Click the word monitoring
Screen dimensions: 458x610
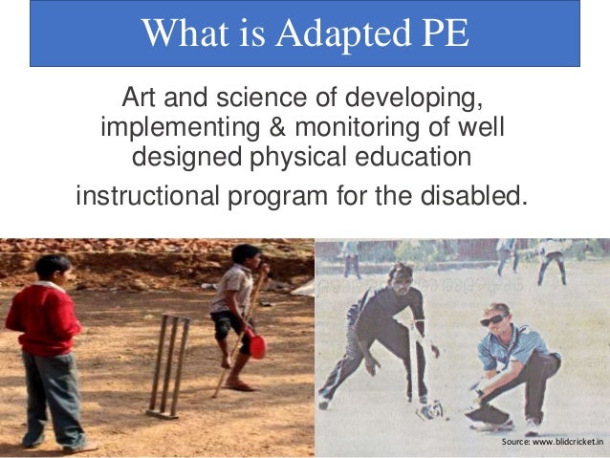(352, 127)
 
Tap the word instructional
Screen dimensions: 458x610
(146, 197)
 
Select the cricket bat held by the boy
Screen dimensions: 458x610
(238, 330)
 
